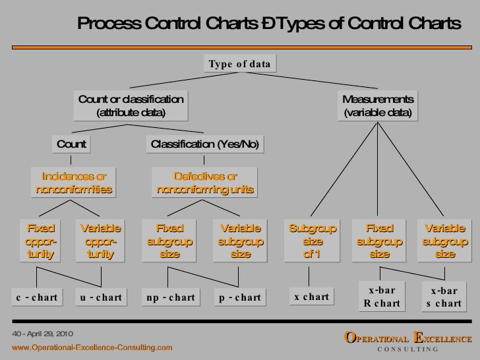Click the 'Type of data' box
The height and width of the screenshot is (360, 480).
(x=239, y=64)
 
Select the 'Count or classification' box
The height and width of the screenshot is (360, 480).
(x=131, y=105)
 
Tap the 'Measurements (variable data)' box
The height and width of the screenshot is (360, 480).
(x=377, y=105)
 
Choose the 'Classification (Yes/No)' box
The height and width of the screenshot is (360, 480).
(x=205, y=144)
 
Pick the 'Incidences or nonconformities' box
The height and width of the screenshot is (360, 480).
(x=74, y=183)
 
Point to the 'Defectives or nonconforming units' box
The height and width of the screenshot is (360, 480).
(x=205, y=183)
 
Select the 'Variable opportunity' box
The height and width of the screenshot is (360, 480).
(x=100, y=241)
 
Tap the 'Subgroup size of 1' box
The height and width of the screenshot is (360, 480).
(x=313, y=241)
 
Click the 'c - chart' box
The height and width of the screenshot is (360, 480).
(x=37, y=297)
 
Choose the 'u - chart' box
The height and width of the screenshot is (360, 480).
(x=100, y=297)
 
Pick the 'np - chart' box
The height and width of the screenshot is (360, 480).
(x=170, y=297)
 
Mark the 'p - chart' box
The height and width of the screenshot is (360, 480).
(x=240, y=297)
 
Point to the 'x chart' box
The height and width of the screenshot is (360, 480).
(x=311, y=297)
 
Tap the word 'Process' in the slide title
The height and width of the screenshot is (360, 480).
(x=108, y=24)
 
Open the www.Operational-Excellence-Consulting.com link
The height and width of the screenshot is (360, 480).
(x=92, y=346)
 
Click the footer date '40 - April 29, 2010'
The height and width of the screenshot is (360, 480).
(x=41, y=334)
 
